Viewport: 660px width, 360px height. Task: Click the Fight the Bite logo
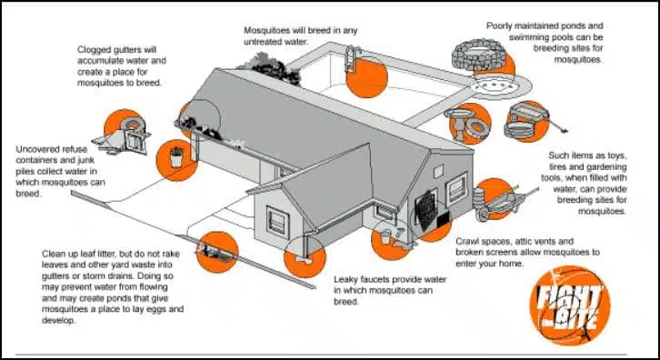tap(570, 305)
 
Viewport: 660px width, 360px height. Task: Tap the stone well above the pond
tap(478, 55)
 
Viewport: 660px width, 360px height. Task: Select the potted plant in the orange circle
tap(176, 157)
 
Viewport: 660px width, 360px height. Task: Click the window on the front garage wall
tap(277, 222)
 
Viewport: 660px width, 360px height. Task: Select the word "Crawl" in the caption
tap(467, 242)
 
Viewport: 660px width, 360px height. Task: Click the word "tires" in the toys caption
tap(558, 166)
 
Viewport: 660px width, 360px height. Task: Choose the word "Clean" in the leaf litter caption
tap(55, 254)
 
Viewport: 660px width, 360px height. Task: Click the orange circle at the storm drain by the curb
tap(217, 252)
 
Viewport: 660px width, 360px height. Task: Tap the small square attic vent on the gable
tap(438, 171)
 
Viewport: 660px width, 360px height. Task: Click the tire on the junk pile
tap(133, 124)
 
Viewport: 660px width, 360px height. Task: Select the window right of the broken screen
tap(456, 188)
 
